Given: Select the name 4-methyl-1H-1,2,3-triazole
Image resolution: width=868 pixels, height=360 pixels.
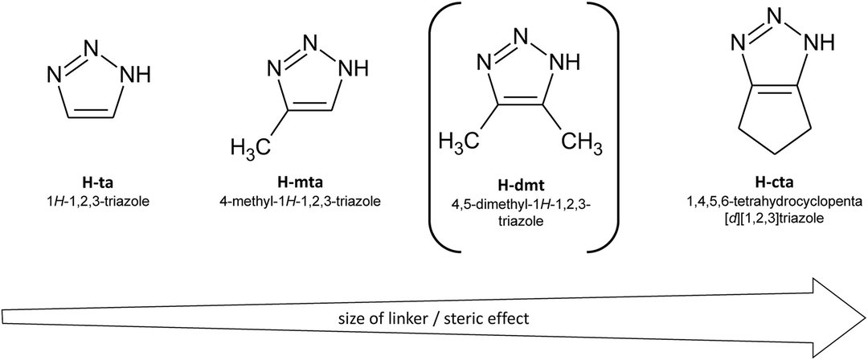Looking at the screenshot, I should (294, 192).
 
